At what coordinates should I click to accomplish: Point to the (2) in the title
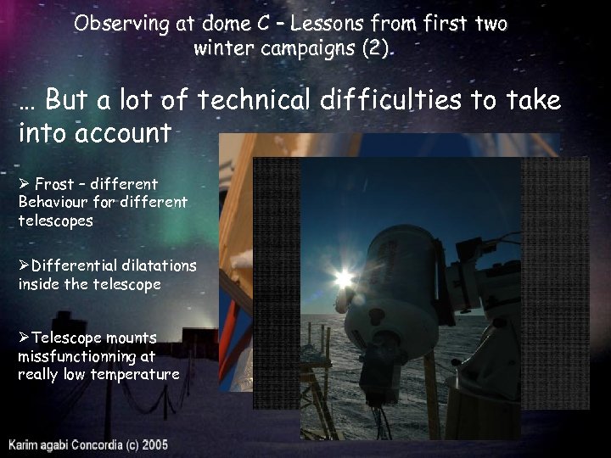tap(377, 47)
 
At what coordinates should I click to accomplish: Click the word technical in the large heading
tap(255, 101)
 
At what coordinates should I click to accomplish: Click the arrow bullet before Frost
tap(24, 184)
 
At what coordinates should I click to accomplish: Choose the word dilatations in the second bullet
tap(159, 265)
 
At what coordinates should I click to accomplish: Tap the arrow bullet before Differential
tap(24, 265)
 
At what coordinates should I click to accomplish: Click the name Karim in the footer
tap(26, 444)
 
